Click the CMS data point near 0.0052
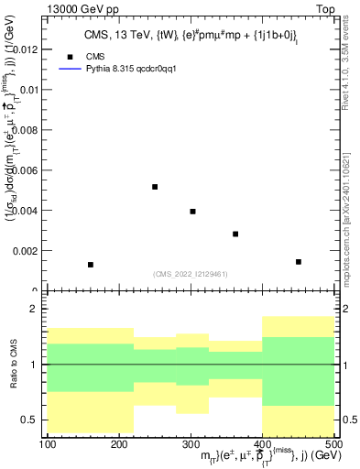(155, 187)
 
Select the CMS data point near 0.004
(192, 212)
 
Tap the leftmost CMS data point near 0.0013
(90, 265)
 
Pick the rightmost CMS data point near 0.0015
(299, 262)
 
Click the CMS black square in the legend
(69, 56)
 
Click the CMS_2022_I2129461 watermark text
(190, 273)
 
